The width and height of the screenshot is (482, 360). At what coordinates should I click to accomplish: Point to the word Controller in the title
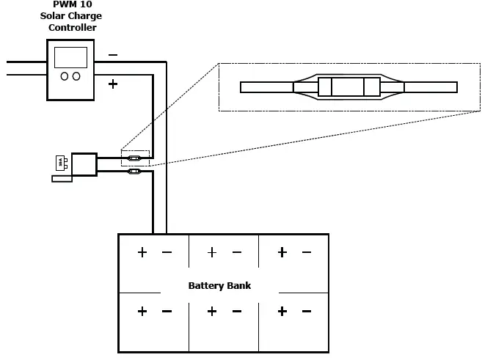[x=72, y=28]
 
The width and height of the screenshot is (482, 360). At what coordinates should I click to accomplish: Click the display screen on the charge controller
[x=70, y=57]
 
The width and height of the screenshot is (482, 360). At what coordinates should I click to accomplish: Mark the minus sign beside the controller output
[x=112, y=55]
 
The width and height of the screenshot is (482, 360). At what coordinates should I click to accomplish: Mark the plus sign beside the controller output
[x=112, y=84]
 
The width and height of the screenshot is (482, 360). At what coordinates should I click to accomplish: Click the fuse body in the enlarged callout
[x=348, y=87]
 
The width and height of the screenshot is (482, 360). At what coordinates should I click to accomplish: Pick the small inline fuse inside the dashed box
[x=135, y=158]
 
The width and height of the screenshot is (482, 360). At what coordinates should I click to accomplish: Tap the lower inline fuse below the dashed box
[x=135, y=172]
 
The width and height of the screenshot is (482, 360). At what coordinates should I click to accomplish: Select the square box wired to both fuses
[x=84, y=164]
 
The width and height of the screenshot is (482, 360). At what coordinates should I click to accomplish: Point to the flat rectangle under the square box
[x=62, y=178]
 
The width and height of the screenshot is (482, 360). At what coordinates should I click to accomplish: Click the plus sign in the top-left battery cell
[x=142, y=252]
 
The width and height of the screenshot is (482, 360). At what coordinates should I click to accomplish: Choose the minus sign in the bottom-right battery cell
[x=306, y=311]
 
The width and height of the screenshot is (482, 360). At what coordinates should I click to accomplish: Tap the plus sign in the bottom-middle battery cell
[x=212, y=311]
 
